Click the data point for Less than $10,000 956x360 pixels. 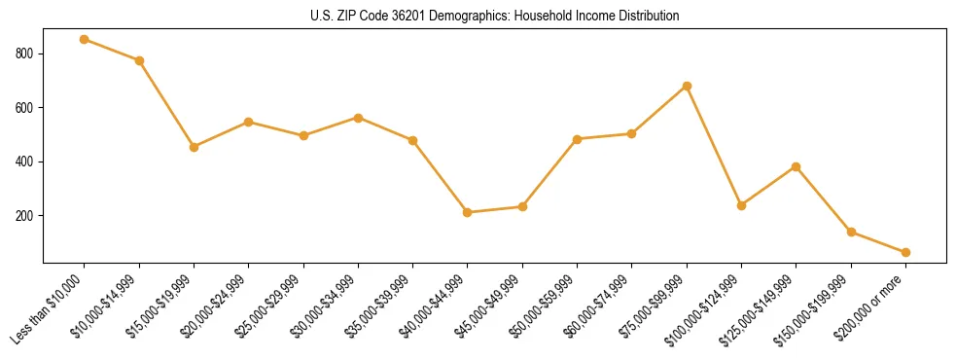click(x=85, y=39)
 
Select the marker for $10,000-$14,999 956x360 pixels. click(x=139, y=60)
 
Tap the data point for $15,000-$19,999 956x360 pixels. click(x=195, y=147)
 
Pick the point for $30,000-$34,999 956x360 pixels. click(x=358, y=118)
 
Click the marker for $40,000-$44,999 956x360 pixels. click(x=468, y=212)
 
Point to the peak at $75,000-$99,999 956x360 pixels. click(x=687, y=86)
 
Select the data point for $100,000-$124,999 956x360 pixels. click(x=741, y=205)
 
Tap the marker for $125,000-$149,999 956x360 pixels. click(x=797, y=166)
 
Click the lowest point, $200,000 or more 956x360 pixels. click(x=905, y=252)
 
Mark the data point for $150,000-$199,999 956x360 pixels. click(x=851, y=232)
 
